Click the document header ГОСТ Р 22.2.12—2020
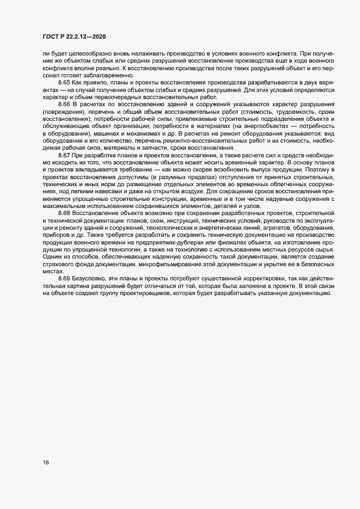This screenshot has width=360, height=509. (x=74, y=36)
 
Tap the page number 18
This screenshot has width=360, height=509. (x=46, y=463)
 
